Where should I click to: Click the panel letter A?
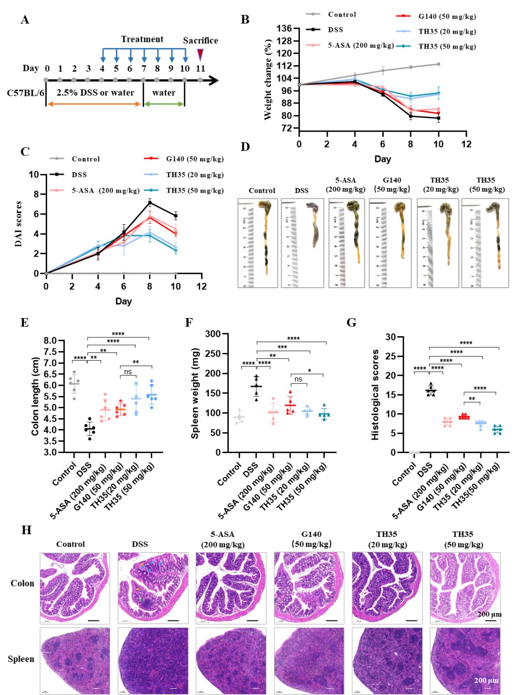pos(25,20)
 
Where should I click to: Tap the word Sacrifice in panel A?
pos(200,40)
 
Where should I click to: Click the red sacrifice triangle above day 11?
pos(200,53)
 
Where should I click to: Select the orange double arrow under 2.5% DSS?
pos(94,104)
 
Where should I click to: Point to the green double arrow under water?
pos(163,104)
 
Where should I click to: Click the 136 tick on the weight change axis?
pos(284,28)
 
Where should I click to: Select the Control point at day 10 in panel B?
pos(438,64)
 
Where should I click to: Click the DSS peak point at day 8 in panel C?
pos(150,202)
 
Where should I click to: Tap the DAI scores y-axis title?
pos(18,224)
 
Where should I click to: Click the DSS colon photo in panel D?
pos(301,243)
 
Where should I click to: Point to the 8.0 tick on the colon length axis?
pos(50,341)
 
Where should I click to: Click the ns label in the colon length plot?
pos(128,372)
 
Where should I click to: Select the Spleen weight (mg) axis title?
pos(195,393)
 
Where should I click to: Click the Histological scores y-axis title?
pos(375,395)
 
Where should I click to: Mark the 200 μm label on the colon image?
pos(489,614)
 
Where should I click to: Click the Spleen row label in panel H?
pos(21,659)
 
